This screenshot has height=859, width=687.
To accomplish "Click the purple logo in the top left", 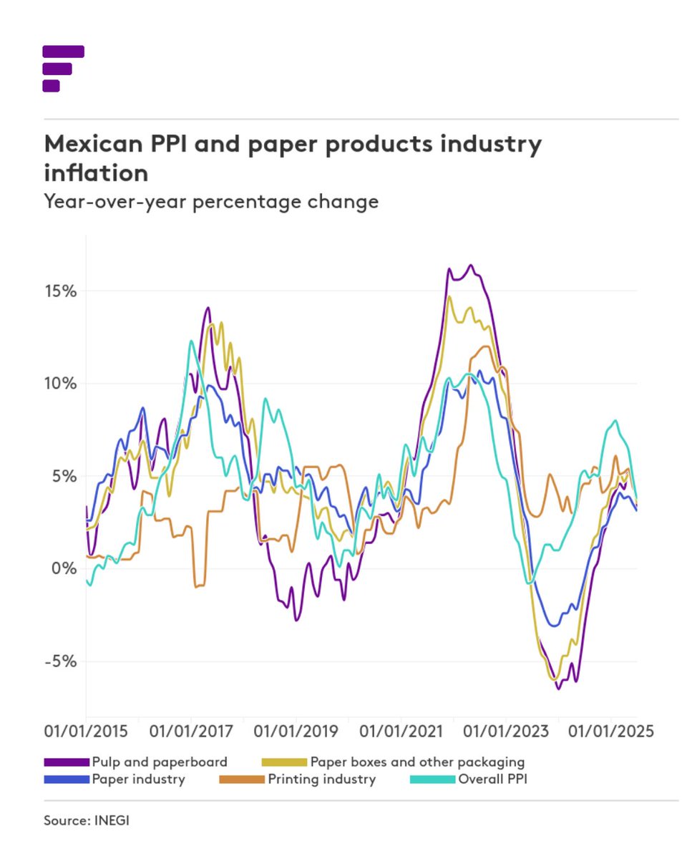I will coord(63,69).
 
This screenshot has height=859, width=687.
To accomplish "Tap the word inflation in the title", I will coord(96,173).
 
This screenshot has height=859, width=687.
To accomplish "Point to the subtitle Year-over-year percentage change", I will coord(211,202).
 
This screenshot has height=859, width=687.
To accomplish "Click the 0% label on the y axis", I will coord(64,568).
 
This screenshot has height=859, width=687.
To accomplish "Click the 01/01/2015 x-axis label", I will coord(86,732).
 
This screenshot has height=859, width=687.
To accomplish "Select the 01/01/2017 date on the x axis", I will coord(191,732).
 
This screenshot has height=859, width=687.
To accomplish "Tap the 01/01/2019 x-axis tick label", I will coord(296,732).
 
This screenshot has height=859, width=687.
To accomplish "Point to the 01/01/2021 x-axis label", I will coord(401,732).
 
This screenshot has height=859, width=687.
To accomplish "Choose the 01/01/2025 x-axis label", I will coord(611,732).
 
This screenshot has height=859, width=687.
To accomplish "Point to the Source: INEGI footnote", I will coord(87,820).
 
